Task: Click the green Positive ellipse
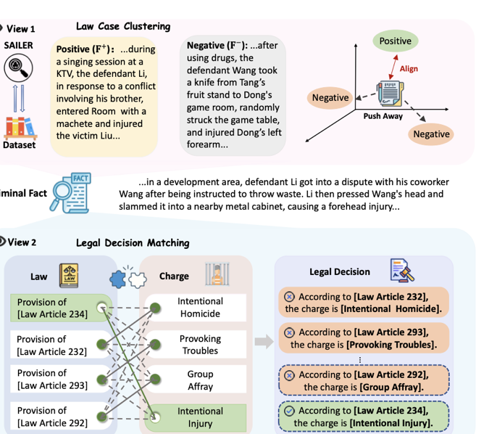[x=395, y=41]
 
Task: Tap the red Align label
[x=409, y=69]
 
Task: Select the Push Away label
[x=383, y=116]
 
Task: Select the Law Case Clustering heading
[x=123, y=27]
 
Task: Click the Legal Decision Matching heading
[x=133, y=243]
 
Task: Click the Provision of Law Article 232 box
[x=54, y=345]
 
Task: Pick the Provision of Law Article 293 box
[x=54, y=380]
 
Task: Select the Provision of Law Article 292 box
[x=54, y=417]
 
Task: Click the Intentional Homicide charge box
[x=200, y=308]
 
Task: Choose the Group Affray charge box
[x=200, y=380]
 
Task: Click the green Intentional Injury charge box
[x=200, y=417]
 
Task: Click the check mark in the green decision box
[x=290, y=411]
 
